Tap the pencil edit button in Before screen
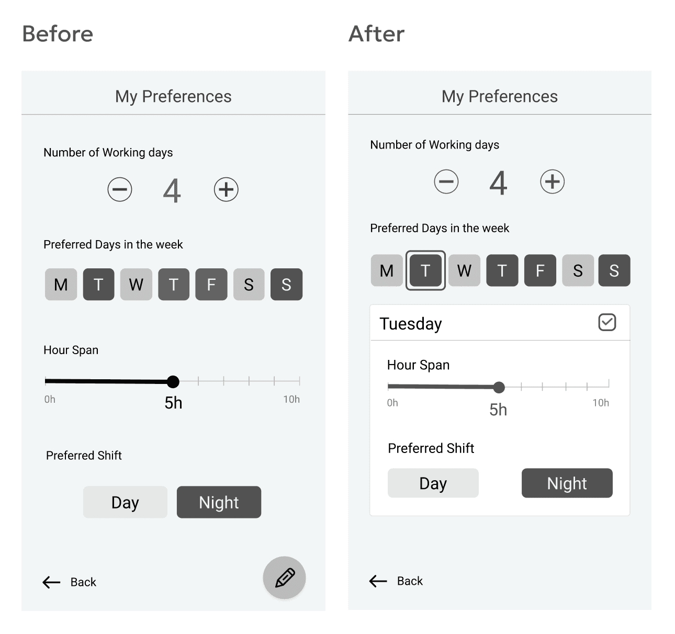(284, 578)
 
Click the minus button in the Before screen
(120, 189)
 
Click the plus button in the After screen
(553, 182)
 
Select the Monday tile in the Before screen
(61, 284)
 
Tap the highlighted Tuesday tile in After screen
(425, 270)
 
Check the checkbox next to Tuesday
(607, 322)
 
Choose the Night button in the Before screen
(219, 502)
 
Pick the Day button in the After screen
(433, 483)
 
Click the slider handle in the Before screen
(173, 382)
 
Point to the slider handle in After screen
(499, 387)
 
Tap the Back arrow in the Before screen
(51, 582)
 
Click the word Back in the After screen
(410, 581)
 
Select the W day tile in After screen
(464, 270)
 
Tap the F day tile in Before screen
(211, 284)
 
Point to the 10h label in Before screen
(291, 399)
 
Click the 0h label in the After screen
(392, 403)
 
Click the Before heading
(58, 34)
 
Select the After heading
(377, 34)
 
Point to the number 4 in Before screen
(172, 191)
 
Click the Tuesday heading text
(411, 324)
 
